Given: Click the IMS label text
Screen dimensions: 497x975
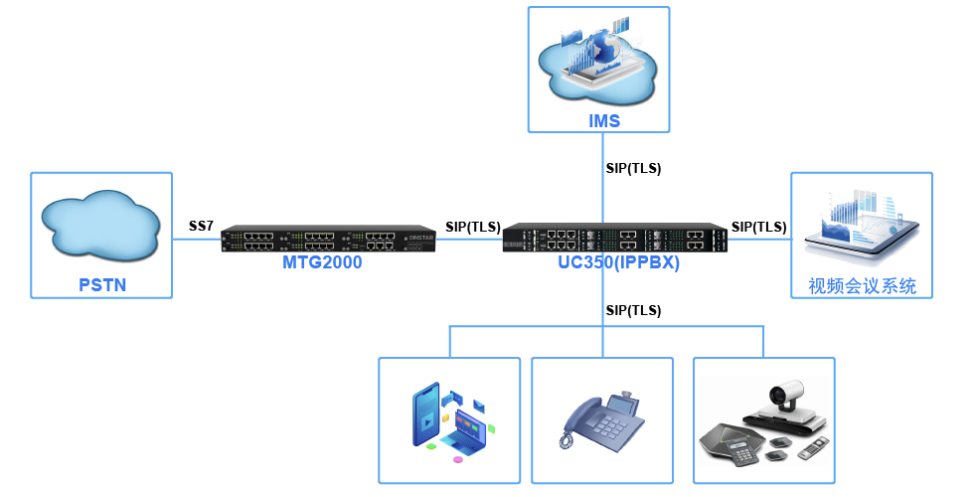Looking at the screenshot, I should coord(603,121).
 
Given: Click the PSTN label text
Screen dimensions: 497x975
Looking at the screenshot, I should coord(102,286).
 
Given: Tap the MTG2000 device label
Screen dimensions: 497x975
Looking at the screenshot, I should coord(322,263).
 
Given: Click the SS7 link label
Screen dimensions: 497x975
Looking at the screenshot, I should coord(201,226).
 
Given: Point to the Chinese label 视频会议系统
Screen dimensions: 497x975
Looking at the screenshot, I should coord(862,286).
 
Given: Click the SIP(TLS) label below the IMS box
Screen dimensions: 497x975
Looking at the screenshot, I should coord(633,168).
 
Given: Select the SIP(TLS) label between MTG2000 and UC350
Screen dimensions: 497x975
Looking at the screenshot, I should coord(473,226).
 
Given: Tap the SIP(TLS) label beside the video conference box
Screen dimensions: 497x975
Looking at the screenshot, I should coord(759,226).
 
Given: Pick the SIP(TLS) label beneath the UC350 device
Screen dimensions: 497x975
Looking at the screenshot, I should coord(633,310).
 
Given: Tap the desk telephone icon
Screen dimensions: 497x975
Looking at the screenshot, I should coord(601,422).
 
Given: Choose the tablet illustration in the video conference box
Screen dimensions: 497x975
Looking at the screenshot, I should coord(862,239).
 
